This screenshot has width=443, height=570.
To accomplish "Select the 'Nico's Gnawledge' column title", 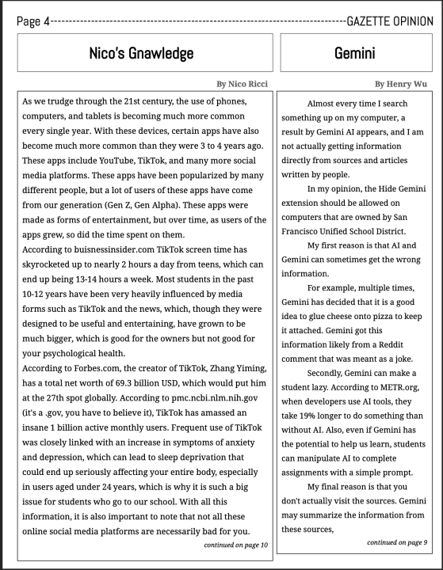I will coord(141,54).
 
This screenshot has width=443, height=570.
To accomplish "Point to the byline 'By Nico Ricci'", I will coord(242,83).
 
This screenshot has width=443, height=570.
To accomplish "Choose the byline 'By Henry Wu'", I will coord(404,83).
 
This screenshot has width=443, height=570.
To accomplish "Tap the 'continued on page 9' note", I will coord(396,541).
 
